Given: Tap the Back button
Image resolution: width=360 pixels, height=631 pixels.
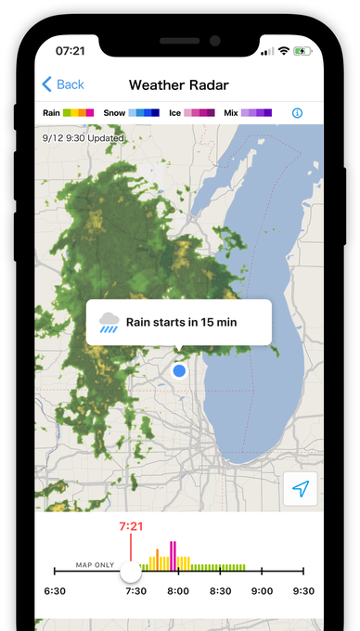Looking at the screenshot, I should pyautogui.click(x=63, y=84).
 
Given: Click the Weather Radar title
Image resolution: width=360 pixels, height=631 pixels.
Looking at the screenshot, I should pyautogui.click(x=178, y=84).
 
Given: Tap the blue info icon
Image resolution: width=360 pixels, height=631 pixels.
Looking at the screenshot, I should pyautogui.click(x=297, y=112).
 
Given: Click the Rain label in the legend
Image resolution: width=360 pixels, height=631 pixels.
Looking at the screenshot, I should pyautogui.click(x=52, y=112).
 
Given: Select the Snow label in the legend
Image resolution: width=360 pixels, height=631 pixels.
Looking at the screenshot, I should pyautogui.click(x=114, y=112).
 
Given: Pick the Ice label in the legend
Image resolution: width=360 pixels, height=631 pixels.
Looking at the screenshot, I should pyautogui.click(x=175, y=112).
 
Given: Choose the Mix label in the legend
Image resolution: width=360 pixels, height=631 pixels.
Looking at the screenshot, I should pyautogui.click(x=230, y=112).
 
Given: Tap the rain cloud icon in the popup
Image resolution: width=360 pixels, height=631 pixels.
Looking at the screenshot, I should pyautogui.click(x=109, y=322).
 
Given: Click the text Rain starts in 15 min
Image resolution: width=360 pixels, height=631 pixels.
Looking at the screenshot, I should pyautogui.click(x=183, y=322).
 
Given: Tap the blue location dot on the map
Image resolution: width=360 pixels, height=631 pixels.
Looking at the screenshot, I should pyautogui.click(x=179, y=371).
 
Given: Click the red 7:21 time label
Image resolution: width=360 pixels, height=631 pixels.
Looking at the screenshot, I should pyautogui.click(x=131, y=527).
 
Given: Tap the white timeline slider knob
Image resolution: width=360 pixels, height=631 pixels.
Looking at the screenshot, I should pyautogui.click(x=131, y=572).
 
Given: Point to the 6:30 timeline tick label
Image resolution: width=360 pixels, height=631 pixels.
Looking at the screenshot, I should pyautogui.click(x=55, y=591).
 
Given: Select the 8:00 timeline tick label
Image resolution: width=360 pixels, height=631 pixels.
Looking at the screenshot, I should pyautogui.click(x=179, y=591).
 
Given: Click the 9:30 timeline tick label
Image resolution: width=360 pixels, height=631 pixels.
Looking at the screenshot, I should pyautogui.click(x=303, y=591).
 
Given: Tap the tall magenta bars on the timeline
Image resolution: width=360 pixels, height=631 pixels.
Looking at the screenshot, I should pyautogui.click(x=173, y=555).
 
